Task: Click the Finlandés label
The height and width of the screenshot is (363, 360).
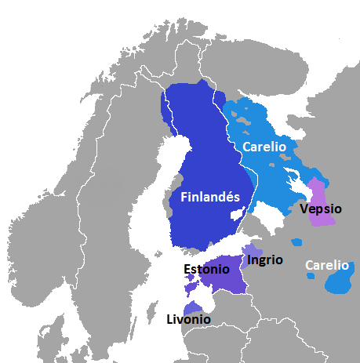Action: [210, 197]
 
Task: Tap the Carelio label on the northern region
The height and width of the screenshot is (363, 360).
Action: [264, 146]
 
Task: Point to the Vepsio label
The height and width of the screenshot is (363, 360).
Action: [318, 209]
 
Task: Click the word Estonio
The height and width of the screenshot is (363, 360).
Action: [207, 269]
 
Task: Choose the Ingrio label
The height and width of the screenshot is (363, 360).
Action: [264, 260]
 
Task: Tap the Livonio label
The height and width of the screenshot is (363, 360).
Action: [188, 319]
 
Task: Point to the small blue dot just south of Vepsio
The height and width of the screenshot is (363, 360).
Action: [296, 241]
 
